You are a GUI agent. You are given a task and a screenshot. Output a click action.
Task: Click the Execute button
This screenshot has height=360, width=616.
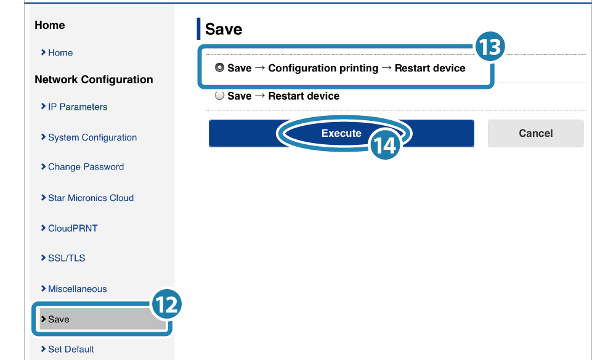pyautogui.click(x=341, y=133)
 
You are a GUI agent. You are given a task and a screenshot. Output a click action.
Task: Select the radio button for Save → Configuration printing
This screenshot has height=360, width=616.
pyautogui.click(x=220, y=68)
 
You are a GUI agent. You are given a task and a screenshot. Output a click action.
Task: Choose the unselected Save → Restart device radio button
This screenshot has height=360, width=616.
pyautogui.click(x=220, y=96)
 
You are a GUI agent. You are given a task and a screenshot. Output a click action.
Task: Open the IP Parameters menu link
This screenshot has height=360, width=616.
pyautogui.click(x=78, y=107)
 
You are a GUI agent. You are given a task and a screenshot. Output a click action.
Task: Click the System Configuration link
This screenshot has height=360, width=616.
pyautogui.click(x=92, y=137)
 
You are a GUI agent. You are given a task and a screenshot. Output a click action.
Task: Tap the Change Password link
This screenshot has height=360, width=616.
pyautogui.click(x=86, y=167)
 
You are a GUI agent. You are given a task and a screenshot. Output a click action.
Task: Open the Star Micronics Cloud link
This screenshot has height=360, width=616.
pyautogui.click(x=91, y=198)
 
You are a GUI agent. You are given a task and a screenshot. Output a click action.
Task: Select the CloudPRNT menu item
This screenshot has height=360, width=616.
pyautogui.click(x=73, y=228)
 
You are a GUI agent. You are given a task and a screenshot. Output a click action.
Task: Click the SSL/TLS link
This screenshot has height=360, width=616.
pyautogui.click(x=67, y=258)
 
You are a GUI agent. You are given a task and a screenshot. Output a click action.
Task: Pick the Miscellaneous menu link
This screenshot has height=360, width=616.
pyautogui.click(x=78, y=289)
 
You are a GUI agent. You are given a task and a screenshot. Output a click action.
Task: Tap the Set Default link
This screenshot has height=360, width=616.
pyautogui.click(x=71, y=349)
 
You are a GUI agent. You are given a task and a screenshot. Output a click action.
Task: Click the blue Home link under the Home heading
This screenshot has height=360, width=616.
pyautogui.click(x=60, y=52)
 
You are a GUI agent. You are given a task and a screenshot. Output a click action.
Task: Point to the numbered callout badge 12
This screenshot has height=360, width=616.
pyautogui.click(x=166, y=304)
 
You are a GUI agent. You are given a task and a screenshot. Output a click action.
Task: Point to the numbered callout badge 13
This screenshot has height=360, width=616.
pyautogui.click(x=490, y=46)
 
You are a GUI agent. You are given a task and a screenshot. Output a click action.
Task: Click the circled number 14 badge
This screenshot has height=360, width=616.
pyautogui.click(x=385, y=145)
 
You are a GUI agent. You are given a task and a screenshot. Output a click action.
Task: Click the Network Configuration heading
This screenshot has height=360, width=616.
pyautogui.click(x=94, y=80)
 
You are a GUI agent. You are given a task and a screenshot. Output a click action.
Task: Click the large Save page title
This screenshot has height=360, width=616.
pyautogui.click(x=224, y=29)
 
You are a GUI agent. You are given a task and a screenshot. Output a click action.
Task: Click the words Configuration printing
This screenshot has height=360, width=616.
pyautogui.click(x=323, y=68)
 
